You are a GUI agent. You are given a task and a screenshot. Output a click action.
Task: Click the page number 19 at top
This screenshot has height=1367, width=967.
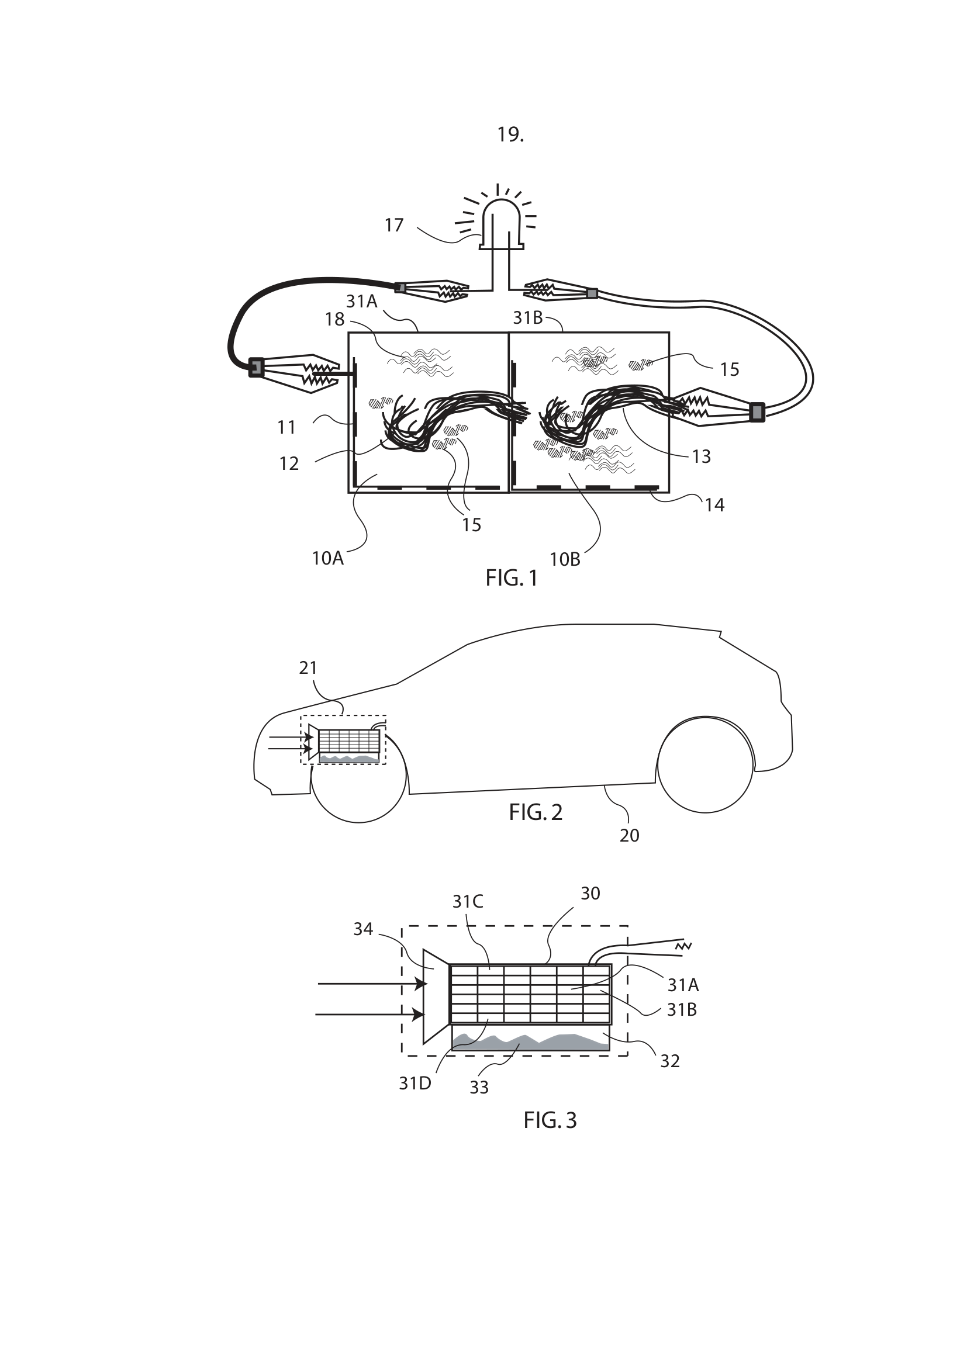(x=510, y=135)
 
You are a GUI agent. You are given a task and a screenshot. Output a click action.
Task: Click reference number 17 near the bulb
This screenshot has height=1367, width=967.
(x=393, y=225)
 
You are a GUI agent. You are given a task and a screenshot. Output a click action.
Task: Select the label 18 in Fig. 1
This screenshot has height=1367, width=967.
(x=334, y=320)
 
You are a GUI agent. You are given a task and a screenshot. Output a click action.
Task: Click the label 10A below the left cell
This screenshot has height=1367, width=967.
(x=327, y=559)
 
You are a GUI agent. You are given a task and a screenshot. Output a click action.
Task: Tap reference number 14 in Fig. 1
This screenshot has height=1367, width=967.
(x=714, y=506)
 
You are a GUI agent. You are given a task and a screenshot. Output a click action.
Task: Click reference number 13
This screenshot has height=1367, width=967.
(x=702, y=456)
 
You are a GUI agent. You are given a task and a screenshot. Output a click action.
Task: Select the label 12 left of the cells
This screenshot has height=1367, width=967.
(x=289, y=464)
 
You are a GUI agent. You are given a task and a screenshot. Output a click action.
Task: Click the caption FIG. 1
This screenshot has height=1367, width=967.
(x=512, y=578)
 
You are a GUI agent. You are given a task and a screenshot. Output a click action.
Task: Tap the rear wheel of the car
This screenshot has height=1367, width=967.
(x=705, y=764)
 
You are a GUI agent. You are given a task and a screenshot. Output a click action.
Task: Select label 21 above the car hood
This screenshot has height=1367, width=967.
(x=308, y=668)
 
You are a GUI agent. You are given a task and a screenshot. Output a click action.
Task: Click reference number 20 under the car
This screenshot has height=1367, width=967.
(x=630, y=836)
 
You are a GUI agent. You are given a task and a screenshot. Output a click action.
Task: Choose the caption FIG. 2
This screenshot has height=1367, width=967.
(x=536, y=813)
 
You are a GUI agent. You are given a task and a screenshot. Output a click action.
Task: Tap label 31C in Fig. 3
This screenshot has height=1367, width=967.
(x=468, y=902)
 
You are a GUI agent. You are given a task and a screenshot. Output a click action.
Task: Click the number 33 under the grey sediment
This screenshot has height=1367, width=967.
(x=479, y=1088)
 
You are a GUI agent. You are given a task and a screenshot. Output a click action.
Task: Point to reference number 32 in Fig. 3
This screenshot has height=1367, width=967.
(x=670, y=1061)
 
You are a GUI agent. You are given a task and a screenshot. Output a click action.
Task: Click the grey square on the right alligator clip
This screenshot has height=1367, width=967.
(x=757, y=412)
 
